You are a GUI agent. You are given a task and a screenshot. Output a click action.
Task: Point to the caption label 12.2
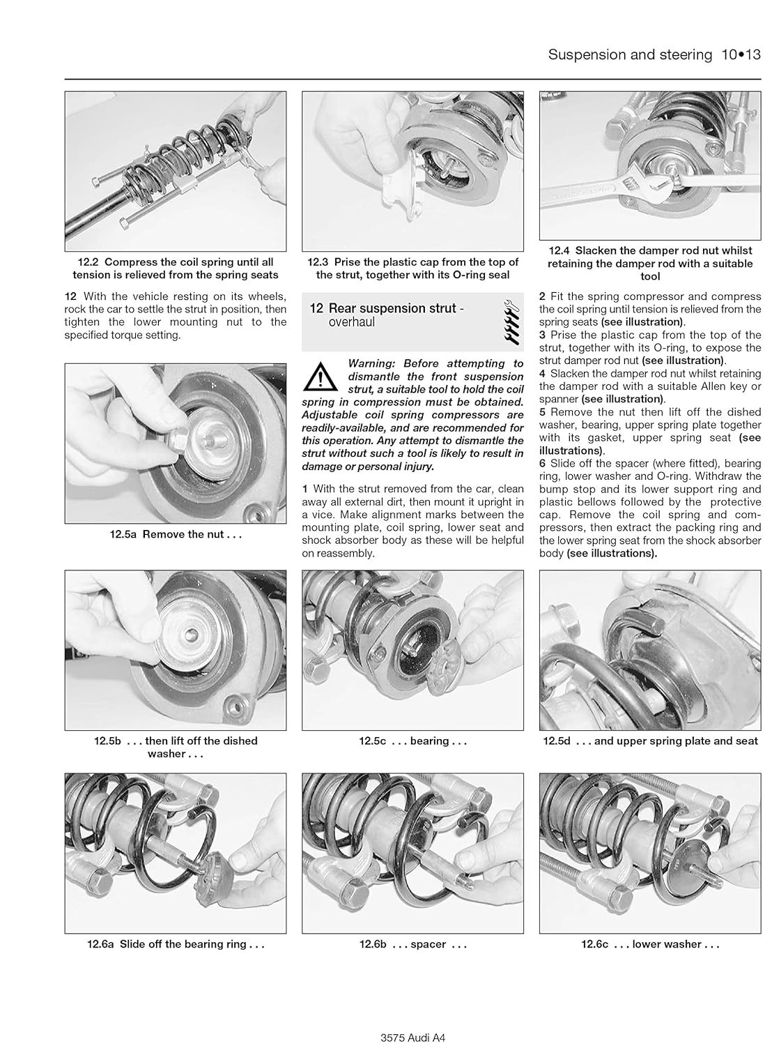click(88, 262)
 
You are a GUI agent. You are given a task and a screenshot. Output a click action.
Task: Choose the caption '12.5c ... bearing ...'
click(412, 741)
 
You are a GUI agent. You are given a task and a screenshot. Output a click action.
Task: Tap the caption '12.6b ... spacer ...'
click(412, 944)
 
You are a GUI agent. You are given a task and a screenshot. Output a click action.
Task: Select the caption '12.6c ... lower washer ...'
click(650, 944)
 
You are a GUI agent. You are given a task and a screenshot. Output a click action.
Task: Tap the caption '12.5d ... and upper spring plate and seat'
click(650, 741)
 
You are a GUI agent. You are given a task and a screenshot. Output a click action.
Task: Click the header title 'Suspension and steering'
click(630, 55)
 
